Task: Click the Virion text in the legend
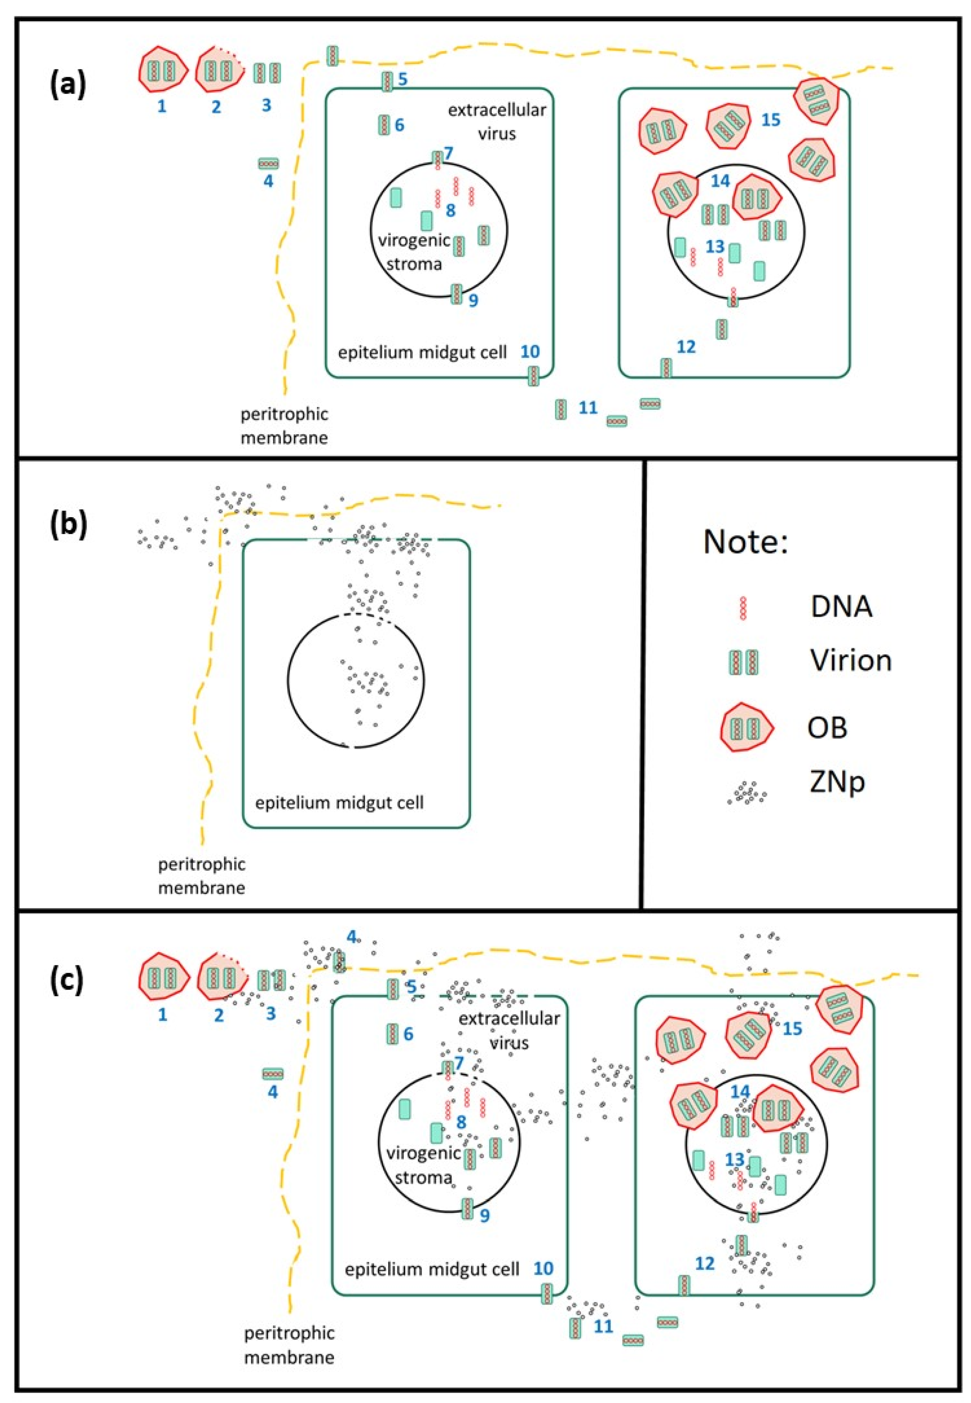(851, 660)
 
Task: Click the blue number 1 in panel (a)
(162, 106)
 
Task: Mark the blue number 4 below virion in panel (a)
(268, 181)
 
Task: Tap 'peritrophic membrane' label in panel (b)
(201, 875)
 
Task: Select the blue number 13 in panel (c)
(735, 1159)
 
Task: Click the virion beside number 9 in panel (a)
(456, 294)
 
